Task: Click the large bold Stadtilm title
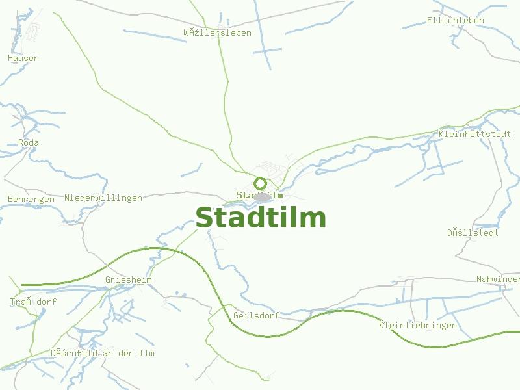pos(261,218)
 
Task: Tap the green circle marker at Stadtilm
pos(260,183)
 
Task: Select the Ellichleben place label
pos(455,21)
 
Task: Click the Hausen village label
pos(23,58)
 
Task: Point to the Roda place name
pos(29,143)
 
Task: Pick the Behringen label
pos(31,200)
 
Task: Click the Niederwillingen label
pos(103,198)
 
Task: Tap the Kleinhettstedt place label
pos(474,135)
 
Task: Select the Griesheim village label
pos(128,280)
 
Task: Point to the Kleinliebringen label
pos(417,325)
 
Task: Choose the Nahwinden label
pos(498,279)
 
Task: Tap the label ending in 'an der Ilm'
pos(102,354)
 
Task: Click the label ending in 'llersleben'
pos(217,33)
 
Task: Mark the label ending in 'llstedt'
pos(473,233)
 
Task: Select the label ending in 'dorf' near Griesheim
pos(32,302)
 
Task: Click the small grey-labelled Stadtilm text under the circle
pos(259,195)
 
